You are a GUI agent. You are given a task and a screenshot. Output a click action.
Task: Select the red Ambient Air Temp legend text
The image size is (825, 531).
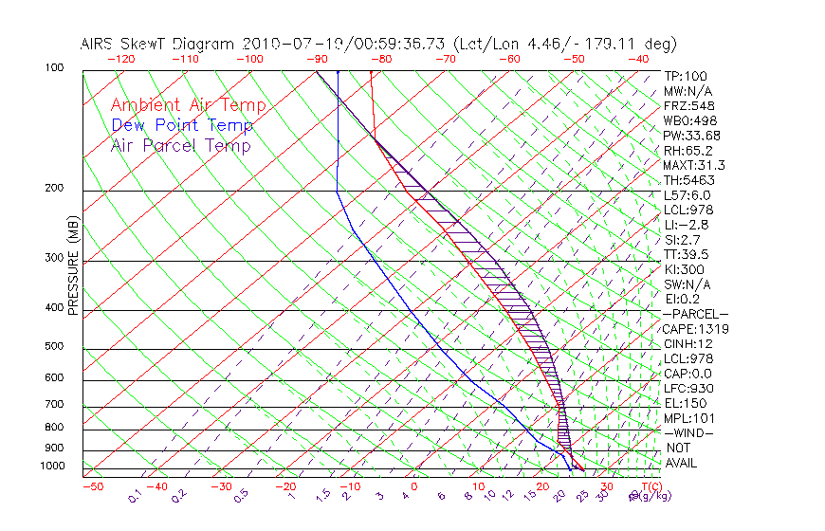[x=188, y=105]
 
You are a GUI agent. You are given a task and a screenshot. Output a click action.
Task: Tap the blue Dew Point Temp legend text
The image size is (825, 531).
[x=182, y=125]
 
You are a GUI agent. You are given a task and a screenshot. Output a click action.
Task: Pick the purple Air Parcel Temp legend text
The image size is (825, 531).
[x=180, y=145]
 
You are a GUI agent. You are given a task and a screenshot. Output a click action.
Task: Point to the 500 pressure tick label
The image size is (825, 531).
[x=53, y=347]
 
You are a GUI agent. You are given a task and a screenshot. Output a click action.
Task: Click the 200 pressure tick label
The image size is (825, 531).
[x=53, y=189]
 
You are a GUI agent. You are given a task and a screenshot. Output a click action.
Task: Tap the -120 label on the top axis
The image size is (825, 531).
[x=120, y=59]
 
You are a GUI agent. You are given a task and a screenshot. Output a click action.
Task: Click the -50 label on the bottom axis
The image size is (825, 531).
[x=92, y=486]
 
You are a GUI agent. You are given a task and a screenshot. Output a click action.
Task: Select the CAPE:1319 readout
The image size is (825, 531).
[x=689, y=329]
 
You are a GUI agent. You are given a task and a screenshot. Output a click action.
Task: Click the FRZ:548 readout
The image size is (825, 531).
[x=687, y=106]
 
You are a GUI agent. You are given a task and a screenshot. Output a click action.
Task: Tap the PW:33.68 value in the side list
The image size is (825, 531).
[x=689, y=136]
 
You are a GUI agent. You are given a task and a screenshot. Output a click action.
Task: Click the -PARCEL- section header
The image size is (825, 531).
[x=695, y=314]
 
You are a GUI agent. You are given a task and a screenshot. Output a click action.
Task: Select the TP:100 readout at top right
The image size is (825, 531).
[x=685, y=76]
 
